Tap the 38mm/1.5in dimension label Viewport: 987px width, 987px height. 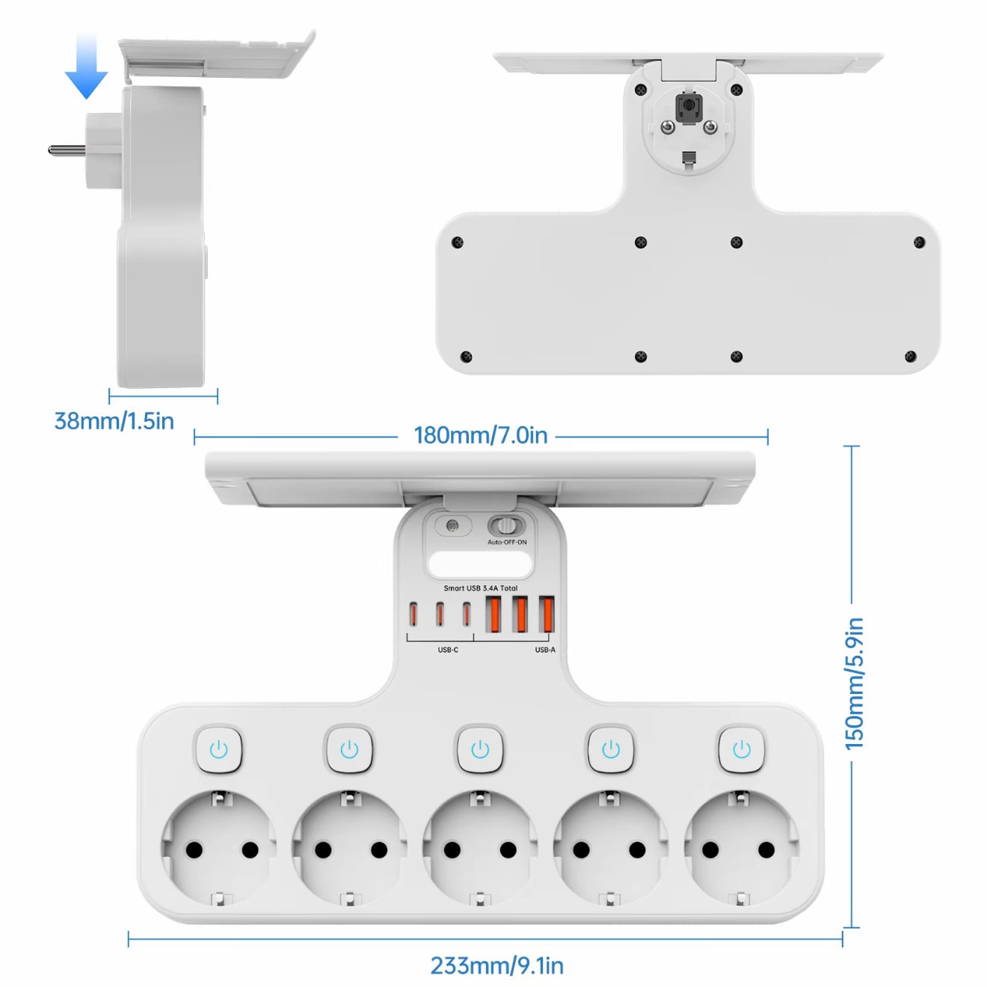(x=114, y=421)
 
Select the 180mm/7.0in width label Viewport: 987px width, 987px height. (x=480, y=435)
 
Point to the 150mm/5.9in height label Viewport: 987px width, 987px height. (x=854, y=683)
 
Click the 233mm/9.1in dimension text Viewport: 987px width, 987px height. (x=496, y=965)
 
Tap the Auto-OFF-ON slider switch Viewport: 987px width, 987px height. (x=507, y=526)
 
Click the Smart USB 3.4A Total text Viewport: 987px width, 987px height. (x=480, y=588)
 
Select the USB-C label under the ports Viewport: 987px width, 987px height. (x=448, y=650)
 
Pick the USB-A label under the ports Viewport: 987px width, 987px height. (x=545, y=650)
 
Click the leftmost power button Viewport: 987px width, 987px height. (x=218, y=749)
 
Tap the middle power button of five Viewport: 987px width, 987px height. (x=480, y=749)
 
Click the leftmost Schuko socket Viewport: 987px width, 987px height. (x=219, y=849)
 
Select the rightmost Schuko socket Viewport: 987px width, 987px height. (x=740, y=849)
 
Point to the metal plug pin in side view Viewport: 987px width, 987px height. (x=66, y=150)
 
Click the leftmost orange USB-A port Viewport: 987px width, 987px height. (x=493, y=614)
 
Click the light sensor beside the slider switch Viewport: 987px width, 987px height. (x=452, y=526)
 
